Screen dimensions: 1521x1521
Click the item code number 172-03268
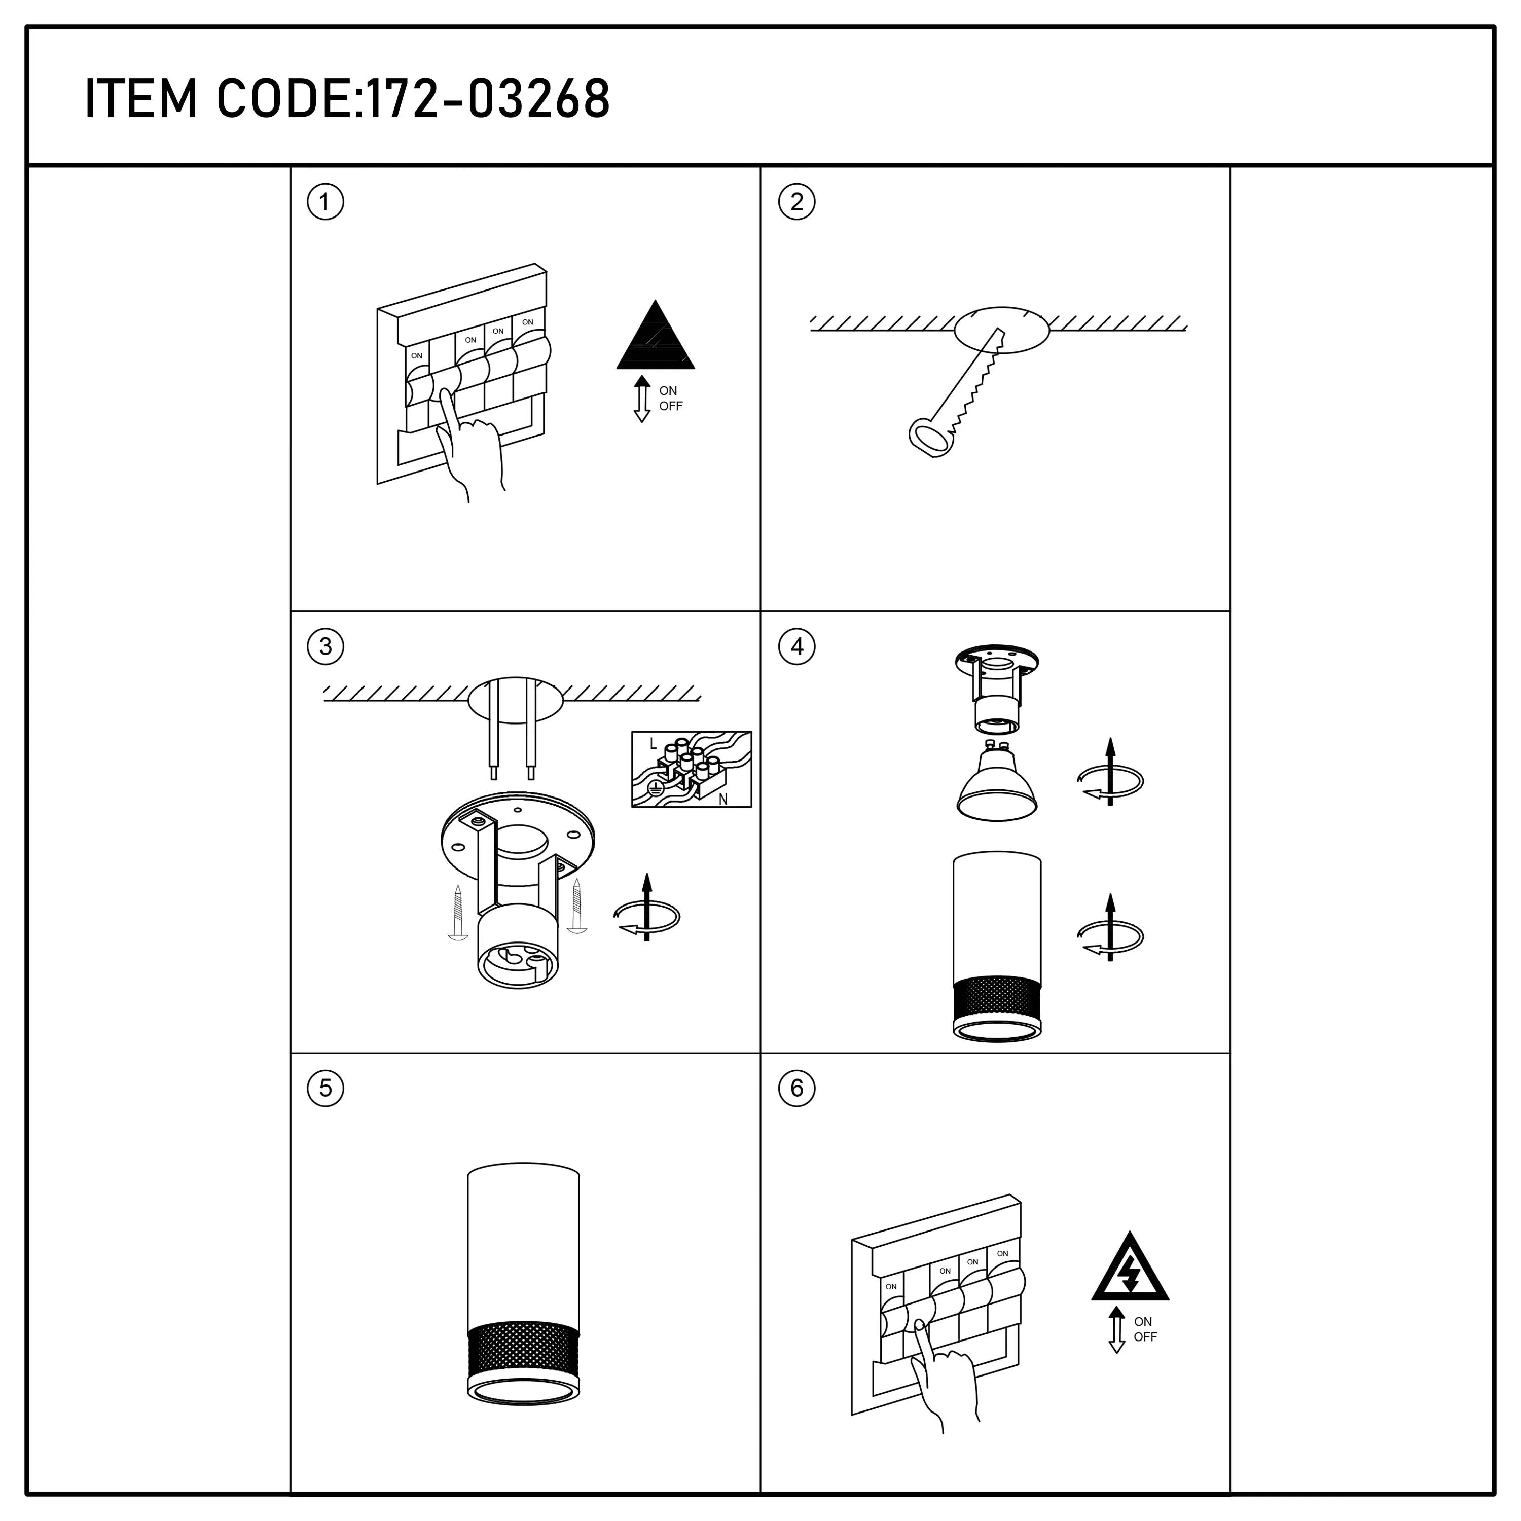(488, 99)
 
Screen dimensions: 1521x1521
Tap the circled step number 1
(325, 202)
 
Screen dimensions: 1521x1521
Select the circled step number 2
(796, 202)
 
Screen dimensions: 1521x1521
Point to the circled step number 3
(325, 646)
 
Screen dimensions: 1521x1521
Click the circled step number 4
(796, 646)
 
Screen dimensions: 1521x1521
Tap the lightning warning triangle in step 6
(1130, 1270)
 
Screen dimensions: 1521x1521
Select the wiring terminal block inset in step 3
(691, 769)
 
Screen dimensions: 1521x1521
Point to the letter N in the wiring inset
(722, 799)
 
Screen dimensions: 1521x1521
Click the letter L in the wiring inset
(653, 743)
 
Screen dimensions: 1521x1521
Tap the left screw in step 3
(457, 912)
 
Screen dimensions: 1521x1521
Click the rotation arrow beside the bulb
(1110, 781)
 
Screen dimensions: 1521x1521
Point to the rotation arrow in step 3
(646, 916)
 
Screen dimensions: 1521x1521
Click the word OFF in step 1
(671, 406)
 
